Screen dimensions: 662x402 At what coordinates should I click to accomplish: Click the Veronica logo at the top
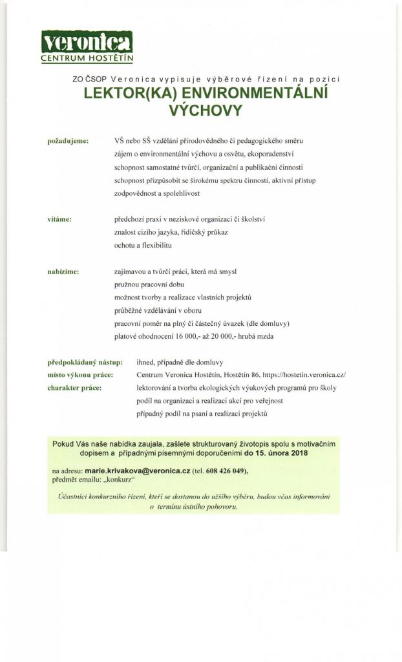tap(87, 43)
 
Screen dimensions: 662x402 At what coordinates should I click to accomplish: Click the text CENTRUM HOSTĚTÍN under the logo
tap(87, 59)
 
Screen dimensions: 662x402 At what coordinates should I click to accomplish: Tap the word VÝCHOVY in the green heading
tap(205, 111)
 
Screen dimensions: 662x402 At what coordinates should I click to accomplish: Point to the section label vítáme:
tap(59, 219)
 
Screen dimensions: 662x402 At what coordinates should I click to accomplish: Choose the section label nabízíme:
tap(63, 272)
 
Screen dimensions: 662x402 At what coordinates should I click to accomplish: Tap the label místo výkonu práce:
tap(81, 375)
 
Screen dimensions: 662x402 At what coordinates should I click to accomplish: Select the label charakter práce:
tap(75, 387)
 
